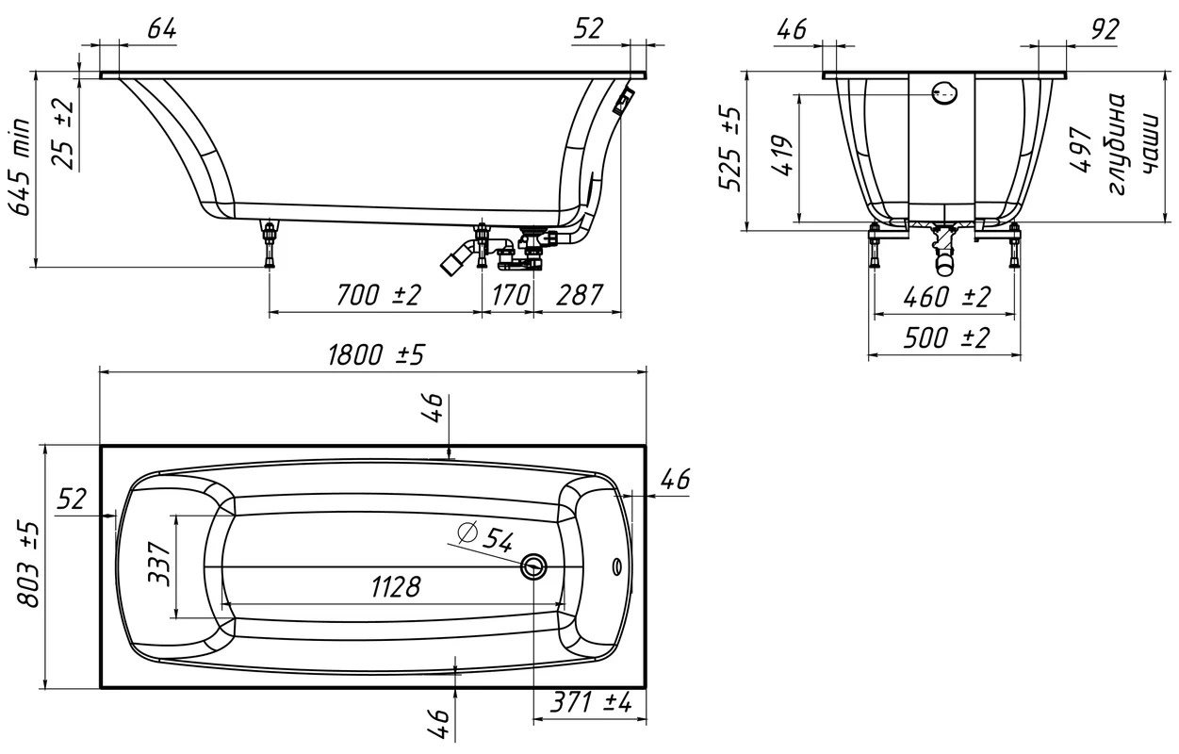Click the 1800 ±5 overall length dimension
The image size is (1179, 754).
pyautogui.click(x=376, y=355)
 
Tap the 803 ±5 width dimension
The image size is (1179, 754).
pyautogui.click(x=27, y=565)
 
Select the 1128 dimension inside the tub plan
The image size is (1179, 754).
pyautogui.click(x=396, y=586)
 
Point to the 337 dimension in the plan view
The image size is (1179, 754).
pyautogui.click(x=159, y=564)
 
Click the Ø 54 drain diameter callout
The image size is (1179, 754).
pyautogui.click(x=484, y=537)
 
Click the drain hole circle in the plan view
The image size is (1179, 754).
pyautogui.click(x=533, y=566)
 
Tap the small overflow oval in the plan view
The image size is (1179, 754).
pyautogui.click(x=617, y=566)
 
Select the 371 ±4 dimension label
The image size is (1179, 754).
pyautogui.click(x=591, y=702)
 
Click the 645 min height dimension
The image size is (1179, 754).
pyautogui.click(x=21, y=168)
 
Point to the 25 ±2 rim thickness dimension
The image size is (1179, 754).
pyautogui.click(x=64, y=134)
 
